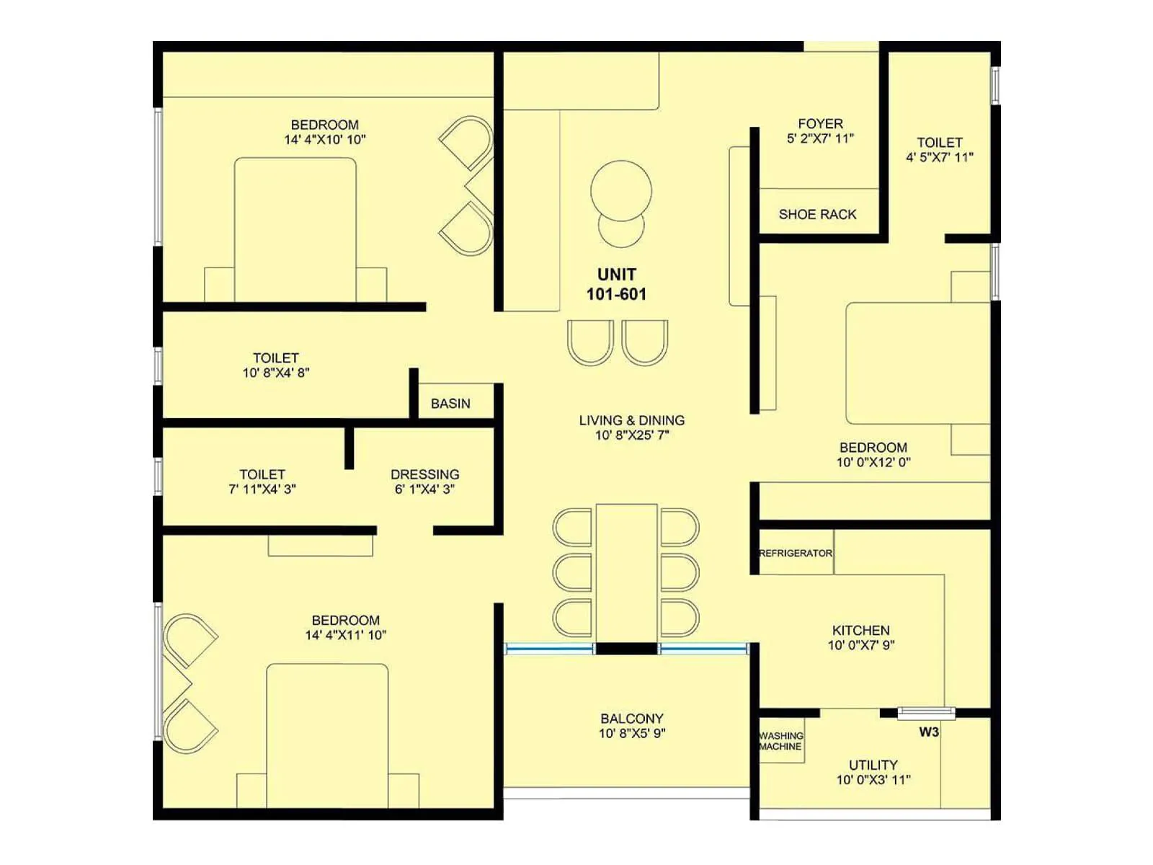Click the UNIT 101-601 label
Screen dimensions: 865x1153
point(616,284)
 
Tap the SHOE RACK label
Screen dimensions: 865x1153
point(817,214)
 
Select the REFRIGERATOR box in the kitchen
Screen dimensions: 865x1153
point(796,553)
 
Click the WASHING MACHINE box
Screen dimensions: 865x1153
point(780,741)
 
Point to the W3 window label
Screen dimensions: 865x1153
point(928,732)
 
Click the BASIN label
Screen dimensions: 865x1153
point(450,404)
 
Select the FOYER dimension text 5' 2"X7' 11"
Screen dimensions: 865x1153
point(820,138)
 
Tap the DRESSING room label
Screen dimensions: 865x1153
point(424,474)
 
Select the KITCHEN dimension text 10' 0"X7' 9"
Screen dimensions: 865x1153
point(860,645)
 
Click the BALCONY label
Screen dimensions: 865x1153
point(631,719)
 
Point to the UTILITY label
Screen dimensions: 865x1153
point(873,765)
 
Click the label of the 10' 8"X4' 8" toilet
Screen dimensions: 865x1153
point(275,358)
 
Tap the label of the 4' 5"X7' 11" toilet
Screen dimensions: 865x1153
point(939,143)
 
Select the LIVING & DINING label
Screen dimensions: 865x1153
point(631,420)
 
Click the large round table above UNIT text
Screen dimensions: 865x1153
point(620,190)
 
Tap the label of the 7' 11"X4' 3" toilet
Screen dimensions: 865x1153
point(262,474)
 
